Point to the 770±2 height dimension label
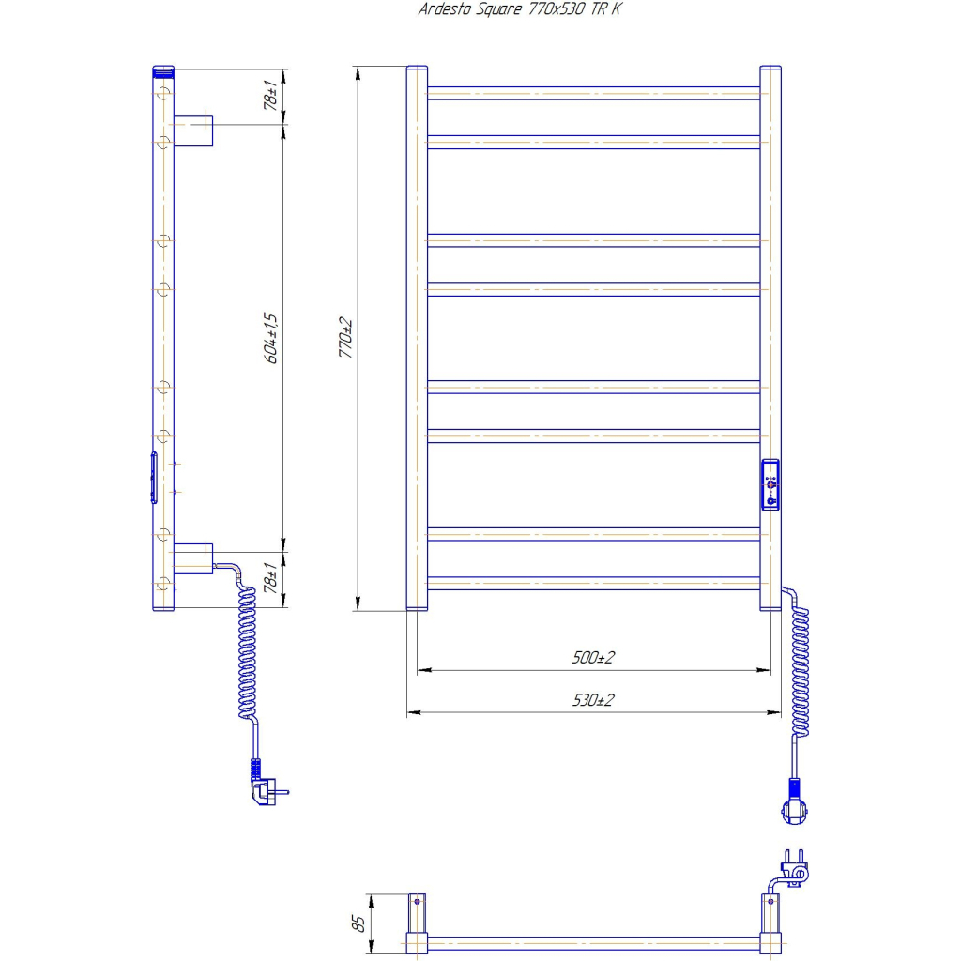[x=346, y=339]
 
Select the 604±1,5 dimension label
[x=271, y=338]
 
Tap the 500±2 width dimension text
[x=592, y=658]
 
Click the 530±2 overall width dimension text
[x=592, y=700]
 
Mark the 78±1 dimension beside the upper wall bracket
[x=271, y=97]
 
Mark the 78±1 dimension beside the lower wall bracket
[x=271, y=577]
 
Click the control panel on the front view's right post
[x=770, y=484]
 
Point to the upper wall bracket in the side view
[x=192, y=130]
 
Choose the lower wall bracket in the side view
[x=192, y=558]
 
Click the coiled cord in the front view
[x=801, y=671]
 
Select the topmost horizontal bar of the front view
[x=593, y=93]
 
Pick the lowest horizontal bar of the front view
[x=593, y=582]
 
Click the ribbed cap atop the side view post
[x=162, y=70]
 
